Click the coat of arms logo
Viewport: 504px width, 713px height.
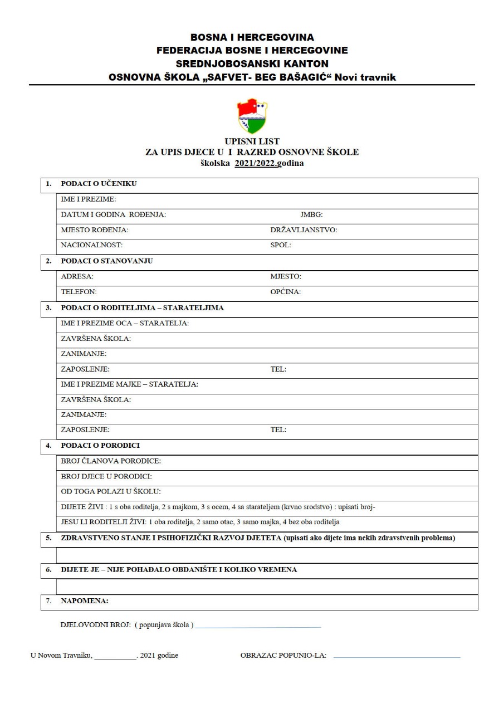pos(252,116)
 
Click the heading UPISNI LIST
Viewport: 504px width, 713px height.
pos(252,141)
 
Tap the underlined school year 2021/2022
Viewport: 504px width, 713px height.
pos(256,163)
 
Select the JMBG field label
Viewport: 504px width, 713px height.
pos(311,214)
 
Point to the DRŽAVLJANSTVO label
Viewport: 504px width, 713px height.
pos(304,229)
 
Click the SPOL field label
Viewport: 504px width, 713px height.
pos(281,245)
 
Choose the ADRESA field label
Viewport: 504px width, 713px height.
pos(77,276)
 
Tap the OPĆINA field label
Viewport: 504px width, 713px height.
pos(286,291)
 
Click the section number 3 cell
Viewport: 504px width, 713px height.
pos(48,307)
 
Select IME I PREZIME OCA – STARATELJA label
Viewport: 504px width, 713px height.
pos(125,323)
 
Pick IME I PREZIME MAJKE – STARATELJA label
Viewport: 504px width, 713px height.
pos(129,384)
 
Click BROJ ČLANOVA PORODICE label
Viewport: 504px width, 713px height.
pos(111,461)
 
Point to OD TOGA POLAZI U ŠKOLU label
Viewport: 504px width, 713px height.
pos(111,491)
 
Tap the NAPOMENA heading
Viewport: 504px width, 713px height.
pos(85,601)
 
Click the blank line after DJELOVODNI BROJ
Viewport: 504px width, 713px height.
pos(258,627)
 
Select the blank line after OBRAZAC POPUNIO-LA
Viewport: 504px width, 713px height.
pos(397,657)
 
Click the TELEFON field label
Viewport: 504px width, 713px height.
pos(79,291)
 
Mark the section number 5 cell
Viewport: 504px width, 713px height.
pos(48,538)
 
